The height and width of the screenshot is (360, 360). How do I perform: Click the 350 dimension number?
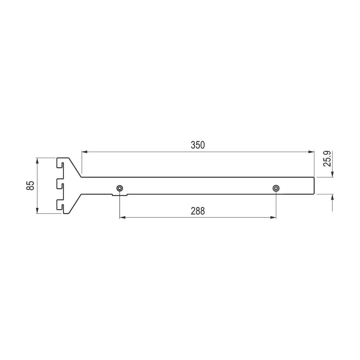(x=198, y=145)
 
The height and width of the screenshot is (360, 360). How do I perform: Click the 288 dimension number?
(x=198, y=211)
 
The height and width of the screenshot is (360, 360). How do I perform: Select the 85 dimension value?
(x=30, y=185)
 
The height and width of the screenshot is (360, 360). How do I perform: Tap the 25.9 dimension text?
(x=327, y=159)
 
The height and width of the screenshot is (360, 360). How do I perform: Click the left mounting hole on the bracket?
(x=120, y=188)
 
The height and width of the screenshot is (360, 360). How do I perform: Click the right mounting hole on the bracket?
(x=276, y=188)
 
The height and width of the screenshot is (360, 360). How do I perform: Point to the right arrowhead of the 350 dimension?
(x=311, y=152)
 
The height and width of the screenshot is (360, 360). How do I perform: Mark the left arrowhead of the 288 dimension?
(x=123, y=217)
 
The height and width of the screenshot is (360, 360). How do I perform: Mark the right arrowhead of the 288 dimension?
(x=273, y=217)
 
